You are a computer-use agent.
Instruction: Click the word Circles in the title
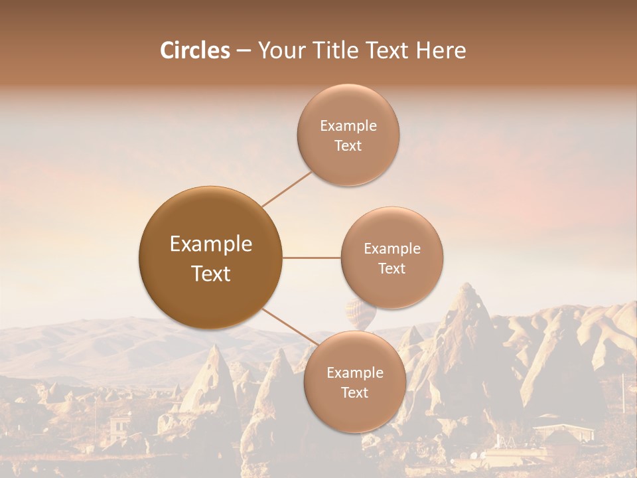click(x=194, y=50)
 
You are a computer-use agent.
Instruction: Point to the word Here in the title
click(x=441, y=50)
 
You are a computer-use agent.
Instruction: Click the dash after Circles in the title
click(x=243, y=51)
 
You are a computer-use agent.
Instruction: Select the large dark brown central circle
click(x=211, y=258)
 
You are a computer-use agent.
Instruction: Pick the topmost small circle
click(x=348, y=135)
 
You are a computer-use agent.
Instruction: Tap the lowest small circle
click(x=354, y=382)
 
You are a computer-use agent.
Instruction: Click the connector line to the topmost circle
click(x=287, y=189)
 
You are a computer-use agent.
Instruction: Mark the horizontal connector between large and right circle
click(x=312, y=258)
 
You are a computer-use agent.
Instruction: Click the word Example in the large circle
click(x=211, y=244)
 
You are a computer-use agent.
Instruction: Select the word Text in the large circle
click(x=211, y=274)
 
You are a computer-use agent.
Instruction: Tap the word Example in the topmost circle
click(x=348, y=125)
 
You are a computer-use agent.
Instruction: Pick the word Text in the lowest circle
click(x=354, y=392)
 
